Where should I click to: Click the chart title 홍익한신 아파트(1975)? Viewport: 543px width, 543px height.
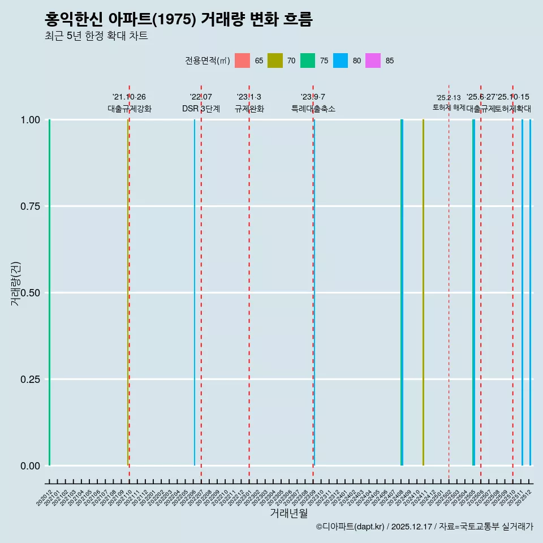(x=178, y=19)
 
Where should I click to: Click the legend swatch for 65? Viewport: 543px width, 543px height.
(x=242, y=61)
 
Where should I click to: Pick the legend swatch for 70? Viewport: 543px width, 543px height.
(x=275, y=61)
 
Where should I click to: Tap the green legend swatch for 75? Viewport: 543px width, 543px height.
(x=308, y=61)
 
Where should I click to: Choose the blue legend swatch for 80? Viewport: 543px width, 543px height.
(x=341, y=61)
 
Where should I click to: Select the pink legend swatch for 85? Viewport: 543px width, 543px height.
(x=373, y=61)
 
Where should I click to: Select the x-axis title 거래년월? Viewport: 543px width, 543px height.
(x=288, y=513)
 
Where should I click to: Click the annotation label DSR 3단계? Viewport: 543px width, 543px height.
(x=201, y=109)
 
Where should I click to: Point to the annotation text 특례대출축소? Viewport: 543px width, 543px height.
(x=313, y=109)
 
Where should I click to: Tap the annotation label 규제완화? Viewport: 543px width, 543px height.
(x=249, y=109)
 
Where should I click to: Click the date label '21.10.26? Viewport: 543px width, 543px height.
(x=129, y=97)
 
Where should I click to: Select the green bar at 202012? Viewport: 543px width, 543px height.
(x=49, y=292)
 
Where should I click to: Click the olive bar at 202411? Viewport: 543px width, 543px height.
(x=423, y=292)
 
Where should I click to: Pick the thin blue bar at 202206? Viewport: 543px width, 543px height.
(x=195, y=292)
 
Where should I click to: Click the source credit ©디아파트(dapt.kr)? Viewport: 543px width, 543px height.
(x=350, y=527)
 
